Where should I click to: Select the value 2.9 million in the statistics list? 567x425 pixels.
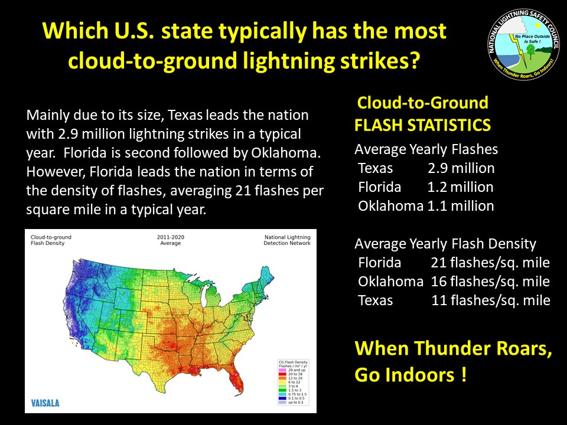(461, 168)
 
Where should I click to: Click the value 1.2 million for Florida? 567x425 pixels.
(460, 187)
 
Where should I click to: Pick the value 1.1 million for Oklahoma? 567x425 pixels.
(461, 206)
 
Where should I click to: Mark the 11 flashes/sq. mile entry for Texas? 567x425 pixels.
(490, 300)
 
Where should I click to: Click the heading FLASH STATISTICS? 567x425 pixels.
(422, 125)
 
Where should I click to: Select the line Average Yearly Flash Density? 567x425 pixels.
(445, 244)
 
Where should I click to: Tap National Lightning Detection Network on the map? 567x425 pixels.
(287, 240)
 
